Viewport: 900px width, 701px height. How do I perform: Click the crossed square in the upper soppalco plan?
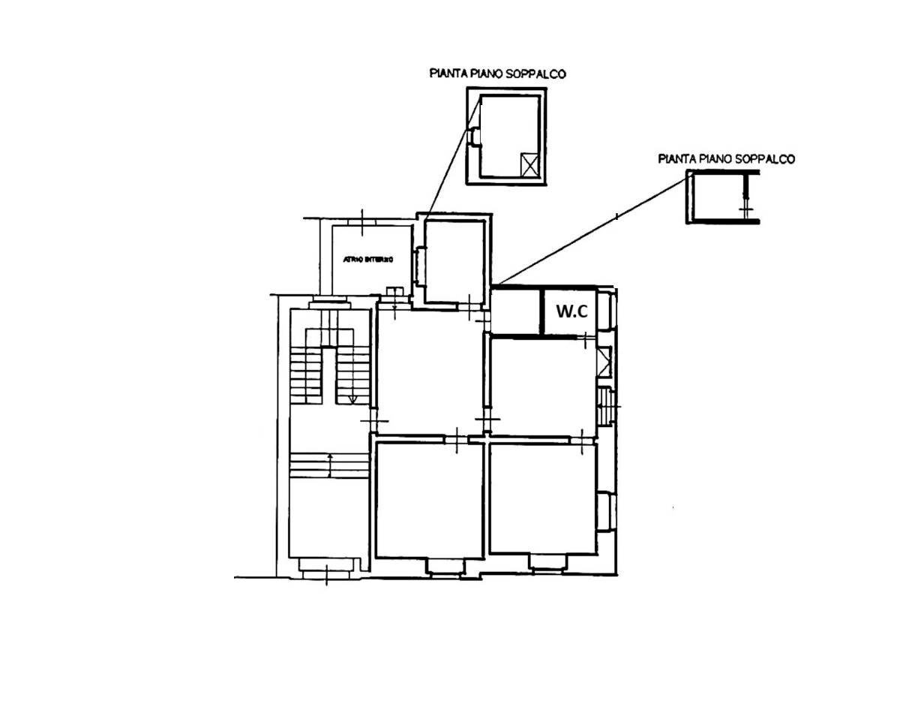click(x=529, y=164)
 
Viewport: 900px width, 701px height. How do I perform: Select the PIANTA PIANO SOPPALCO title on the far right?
click(x=726, y=158)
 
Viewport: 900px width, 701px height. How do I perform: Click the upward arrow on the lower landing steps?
click(x=331, y=465)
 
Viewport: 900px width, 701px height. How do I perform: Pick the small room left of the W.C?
click(x=515, y=311)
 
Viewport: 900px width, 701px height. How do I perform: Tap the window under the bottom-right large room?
click(x=547, y=562)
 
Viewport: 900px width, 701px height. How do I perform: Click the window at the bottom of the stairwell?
click(x=325, y=567)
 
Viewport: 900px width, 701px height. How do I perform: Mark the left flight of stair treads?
click(x=305, y=373)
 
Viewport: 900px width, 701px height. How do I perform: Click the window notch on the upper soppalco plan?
click(x=474, y=136)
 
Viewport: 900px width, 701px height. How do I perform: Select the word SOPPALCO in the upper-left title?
click(x=537, y=74)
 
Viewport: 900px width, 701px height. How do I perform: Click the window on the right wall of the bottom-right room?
click(x=606, y=511)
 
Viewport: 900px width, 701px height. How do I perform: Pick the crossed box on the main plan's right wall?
click(x=604, y=362)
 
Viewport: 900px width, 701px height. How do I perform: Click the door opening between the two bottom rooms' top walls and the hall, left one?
click(x=456, y=438)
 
